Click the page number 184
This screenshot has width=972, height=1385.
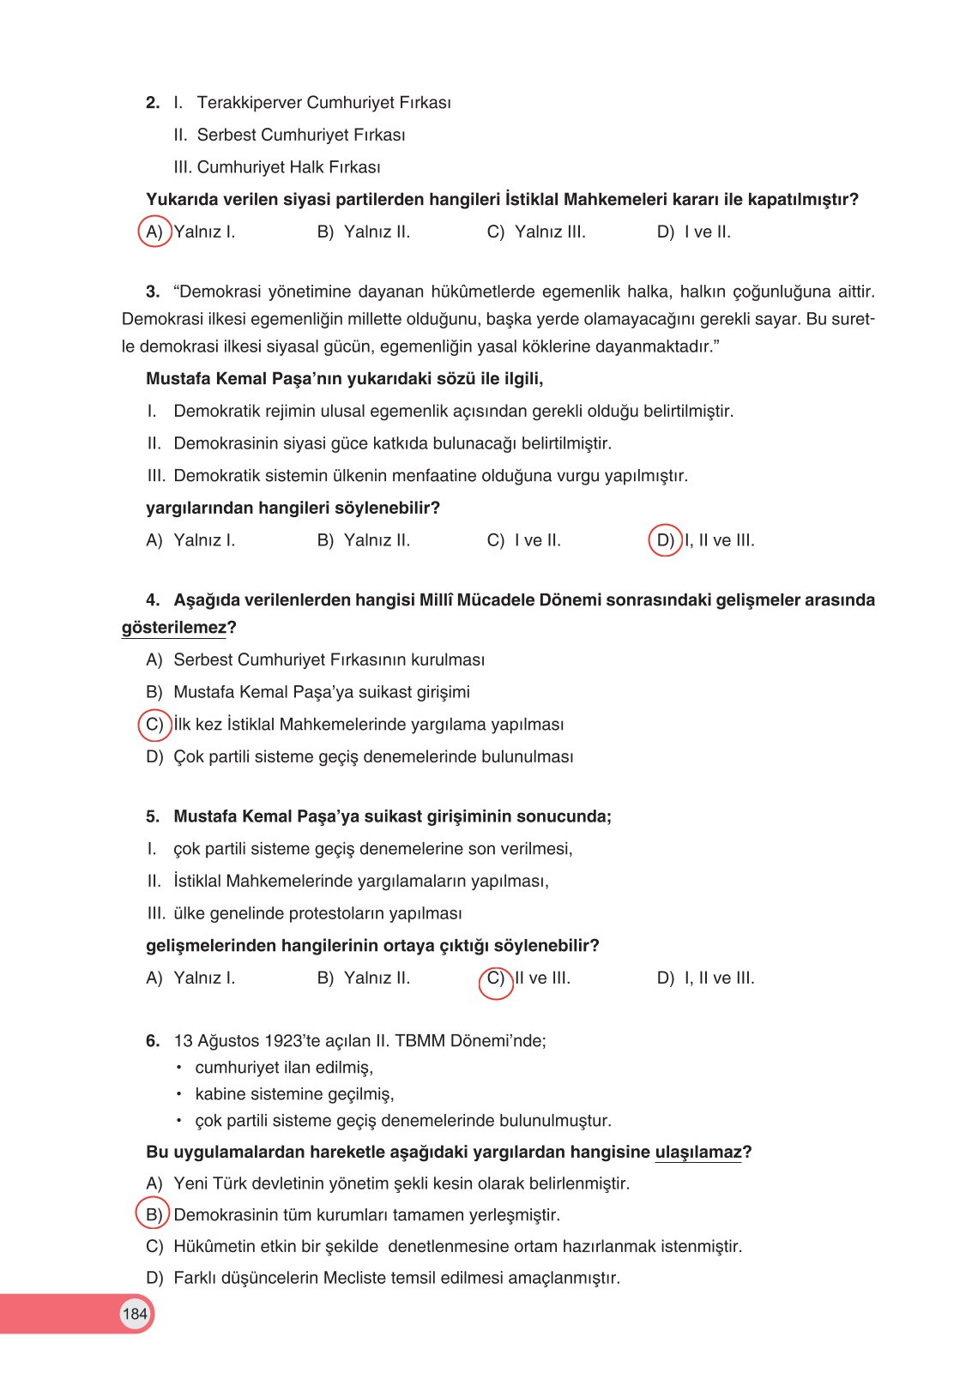(x=135, y=1314)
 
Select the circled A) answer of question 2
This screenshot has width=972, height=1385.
(x=154, y=232)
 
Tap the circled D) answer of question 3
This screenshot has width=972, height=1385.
(x=665, y=540)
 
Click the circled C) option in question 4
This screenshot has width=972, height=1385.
(x=154, y=725)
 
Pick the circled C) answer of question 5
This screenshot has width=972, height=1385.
(x=496, y=979)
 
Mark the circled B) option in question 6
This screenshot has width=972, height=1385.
(x=154, y=1215)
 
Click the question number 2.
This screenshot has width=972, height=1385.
(x=153, y=103)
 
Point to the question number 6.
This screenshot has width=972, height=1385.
(x=153, y=1041)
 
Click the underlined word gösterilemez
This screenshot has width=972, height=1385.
(x=173, y=628)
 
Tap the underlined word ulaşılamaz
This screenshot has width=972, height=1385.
(x=697, y=1153)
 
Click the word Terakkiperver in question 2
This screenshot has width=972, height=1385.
(x=249, y=103)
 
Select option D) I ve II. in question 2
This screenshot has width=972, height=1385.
(x=693, y=232)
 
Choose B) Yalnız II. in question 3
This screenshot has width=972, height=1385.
(x=364, y=540)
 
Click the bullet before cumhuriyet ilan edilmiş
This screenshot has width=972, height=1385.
(x=179, y=1068)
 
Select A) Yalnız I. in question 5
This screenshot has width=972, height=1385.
(x=190, y=979)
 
